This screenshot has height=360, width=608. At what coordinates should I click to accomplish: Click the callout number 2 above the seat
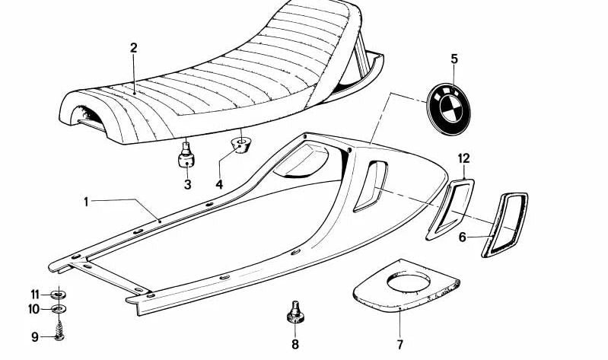[x=133, y=48]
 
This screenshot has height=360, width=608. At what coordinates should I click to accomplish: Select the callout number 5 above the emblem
[x=454, y=59]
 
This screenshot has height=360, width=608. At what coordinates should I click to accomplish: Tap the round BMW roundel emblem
[x=449, y=109]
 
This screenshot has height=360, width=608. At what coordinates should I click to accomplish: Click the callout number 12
[x=463, y=158]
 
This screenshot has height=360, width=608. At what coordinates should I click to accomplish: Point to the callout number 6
[x=462, y=237]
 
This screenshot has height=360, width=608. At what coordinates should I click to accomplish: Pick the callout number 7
[x=399, y=344]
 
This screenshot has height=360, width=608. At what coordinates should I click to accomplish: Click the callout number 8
[x=295, y=344]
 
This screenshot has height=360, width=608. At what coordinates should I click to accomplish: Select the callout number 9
[x=35, y=337]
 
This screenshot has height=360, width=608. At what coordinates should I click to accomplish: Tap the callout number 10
[x=33, y=309]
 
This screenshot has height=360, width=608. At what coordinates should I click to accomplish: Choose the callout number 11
[x=35, y=295]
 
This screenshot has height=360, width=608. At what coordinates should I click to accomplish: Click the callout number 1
[x=86, y=202]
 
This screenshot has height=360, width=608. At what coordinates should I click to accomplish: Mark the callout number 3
[x=188, y=185]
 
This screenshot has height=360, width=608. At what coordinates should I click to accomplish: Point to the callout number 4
[x=219, y=185]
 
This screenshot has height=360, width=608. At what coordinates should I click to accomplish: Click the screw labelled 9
[x=59, y=331]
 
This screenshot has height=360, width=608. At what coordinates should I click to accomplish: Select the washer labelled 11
[x=58, y=295]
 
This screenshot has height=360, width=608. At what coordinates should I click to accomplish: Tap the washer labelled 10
[x=59, y=309]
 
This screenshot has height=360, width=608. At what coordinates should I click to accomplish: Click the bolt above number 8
[x=295, y=313]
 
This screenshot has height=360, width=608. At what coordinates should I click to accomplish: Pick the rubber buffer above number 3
[x=186, y=155]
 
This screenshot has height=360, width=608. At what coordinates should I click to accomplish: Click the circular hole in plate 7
[x=409, y=283]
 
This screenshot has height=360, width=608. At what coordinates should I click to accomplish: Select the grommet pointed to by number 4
[x=240, y=145]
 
